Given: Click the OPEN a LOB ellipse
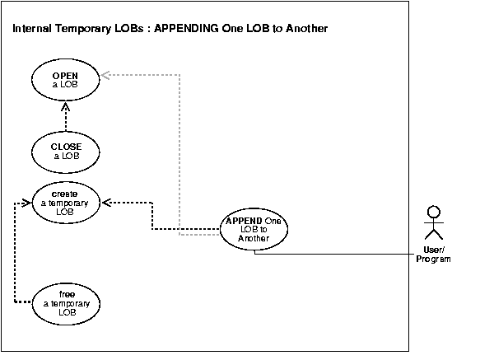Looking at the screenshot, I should coord(65,79).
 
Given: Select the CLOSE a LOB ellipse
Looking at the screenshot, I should coord(65,152).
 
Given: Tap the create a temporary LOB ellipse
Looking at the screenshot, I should coord(65,202).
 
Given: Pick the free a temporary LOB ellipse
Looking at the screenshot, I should coord(67,302).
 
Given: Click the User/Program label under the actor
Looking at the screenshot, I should coord(433,254).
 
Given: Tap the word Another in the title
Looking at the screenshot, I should coord(306,30).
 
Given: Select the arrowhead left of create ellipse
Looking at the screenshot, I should coord(25,201).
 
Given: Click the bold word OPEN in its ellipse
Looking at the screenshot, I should coord(65,75).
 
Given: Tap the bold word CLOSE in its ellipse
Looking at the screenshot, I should coord(65,147).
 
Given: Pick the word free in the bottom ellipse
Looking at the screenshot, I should coord(67,294).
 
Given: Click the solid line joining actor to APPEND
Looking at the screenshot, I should coord(346,254).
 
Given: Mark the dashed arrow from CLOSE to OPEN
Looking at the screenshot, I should coord(65,119).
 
